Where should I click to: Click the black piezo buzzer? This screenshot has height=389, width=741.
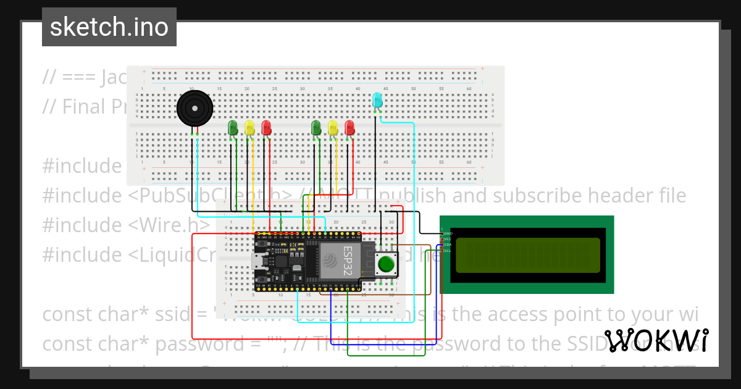[195, 109]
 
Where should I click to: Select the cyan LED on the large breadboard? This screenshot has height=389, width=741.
[377, 100]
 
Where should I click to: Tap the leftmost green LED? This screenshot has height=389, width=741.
[233, 128]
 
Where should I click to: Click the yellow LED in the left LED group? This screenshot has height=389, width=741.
[249, 128]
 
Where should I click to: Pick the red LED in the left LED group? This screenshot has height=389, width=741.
[266, 128]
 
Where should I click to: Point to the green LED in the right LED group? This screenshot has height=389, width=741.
[316, 128]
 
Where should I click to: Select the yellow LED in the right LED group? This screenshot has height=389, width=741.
[333, 128]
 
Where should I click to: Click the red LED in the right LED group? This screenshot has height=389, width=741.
[350, 128]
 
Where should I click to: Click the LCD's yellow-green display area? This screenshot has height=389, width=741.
[527, 255]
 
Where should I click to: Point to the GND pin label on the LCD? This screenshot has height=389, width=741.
[448, 233]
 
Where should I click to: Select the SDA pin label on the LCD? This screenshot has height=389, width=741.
[448, 245]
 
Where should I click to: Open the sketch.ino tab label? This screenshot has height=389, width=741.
[109, 27]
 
